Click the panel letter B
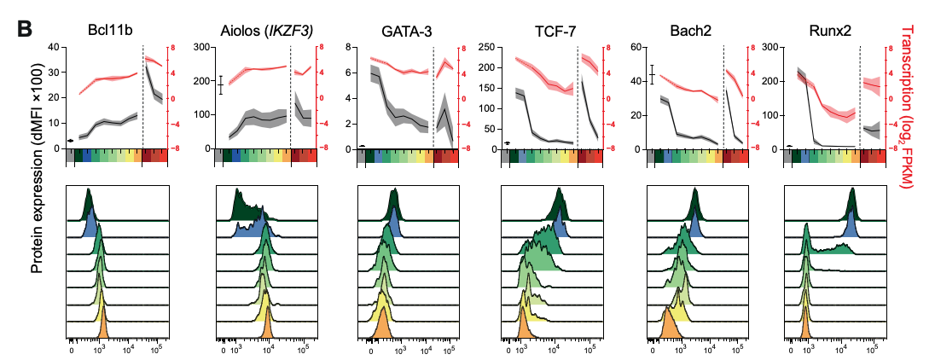tap(25, 29)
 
